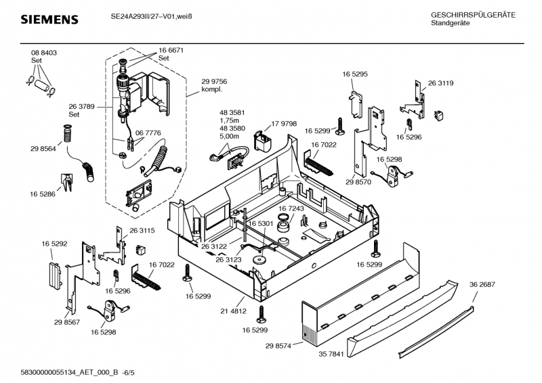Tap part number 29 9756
(214, 81)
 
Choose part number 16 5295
(355, 73)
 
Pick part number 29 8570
(358, 183)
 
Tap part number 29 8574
(278, 346)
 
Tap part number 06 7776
(148, 134)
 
